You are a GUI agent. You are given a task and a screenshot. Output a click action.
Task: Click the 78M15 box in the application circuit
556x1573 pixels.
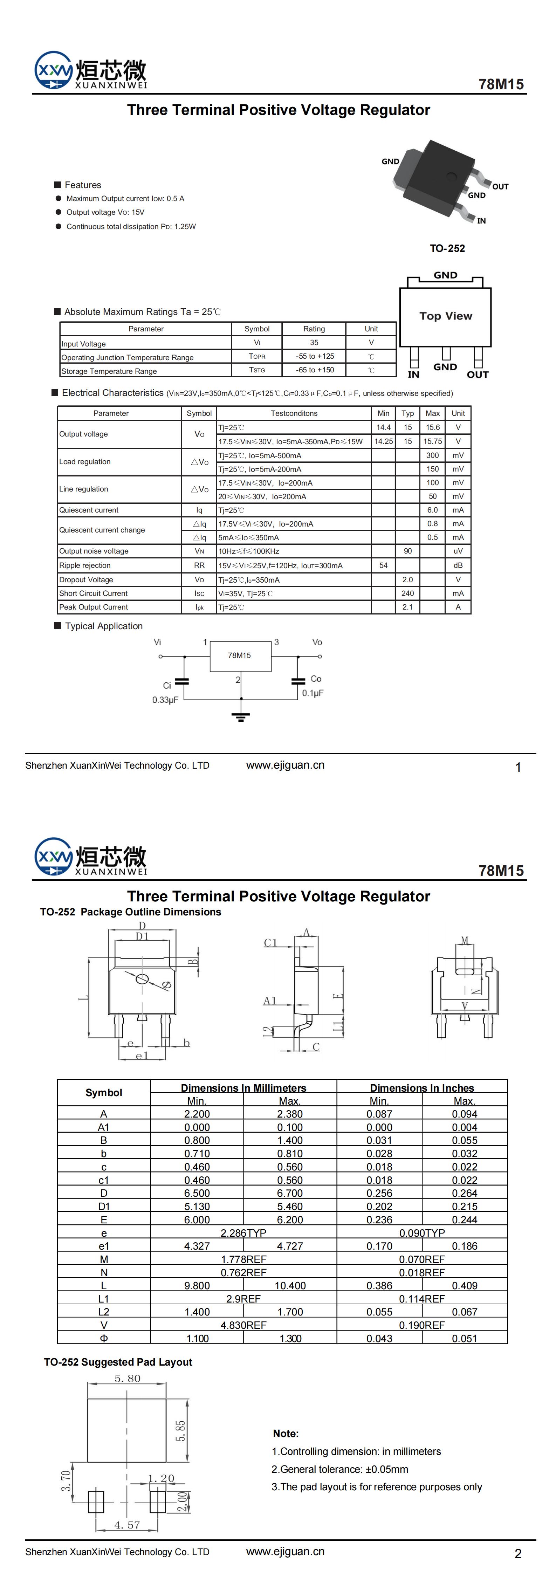pos(240,656)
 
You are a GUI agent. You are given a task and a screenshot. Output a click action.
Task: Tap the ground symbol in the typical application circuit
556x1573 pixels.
pos(241,714)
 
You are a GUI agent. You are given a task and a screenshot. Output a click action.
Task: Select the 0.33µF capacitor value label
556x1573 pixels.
pos(165,700)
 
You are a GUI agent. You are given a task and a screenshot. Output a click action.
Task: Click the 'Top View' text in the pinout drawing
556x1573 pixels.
pos(445,316)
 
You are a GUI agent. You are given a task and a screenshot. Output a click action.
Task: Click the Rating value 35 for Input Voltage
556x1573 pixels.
pos(314,343)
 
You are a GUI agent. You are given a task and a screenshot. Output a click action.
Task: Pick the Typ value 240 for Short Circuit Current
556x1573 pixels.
pos(407,593)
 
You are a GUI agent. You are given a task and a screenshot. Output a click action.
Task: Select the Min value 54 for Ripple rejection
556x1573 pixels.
pos(383,565)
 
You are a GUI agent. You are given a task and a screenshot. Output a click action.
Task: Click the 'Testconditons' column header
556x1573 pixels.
pos(294,413)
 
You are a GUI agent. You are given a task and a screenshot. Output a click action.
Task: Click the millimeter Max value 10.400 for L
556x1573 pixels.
pos(290,1285)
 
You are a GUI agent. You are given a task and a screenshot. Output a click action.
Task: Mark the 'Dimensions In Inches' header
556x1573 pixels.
pos(421,1087)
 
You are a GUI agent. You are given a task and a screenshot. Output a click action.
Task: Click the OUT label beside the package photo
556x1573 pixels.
pos(500,186)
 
